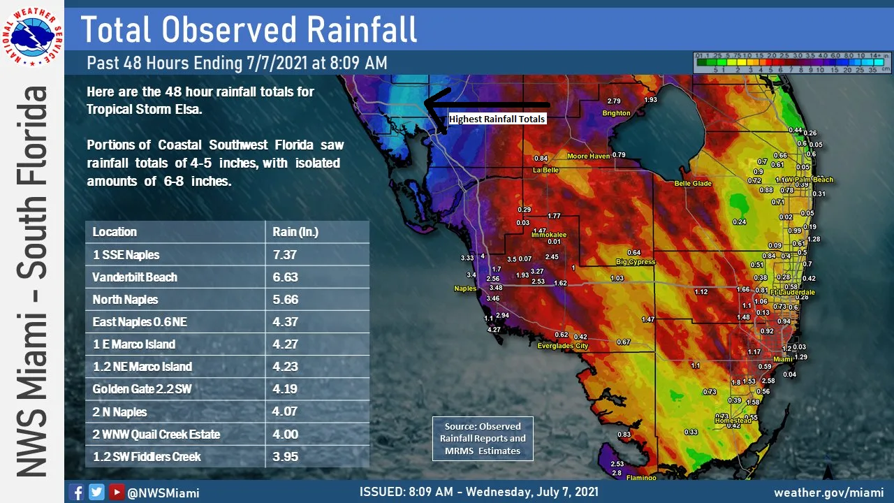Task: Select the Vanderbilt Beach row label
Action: pos(135,277)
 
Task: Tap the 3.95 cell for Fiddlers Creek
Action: pos(286,456)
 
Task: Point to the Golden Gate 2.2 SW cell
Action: pos(142,389)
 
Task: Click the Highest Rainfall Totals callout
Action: pos(497,119)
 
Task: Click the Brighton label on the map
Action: pos(616,112)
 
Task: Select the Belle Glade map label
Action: pos(692,183)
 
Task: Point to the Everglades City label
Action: pos(562,346)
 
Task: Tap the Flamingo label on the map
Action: pos(641,478)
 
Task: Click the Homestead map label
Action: pos(733,421)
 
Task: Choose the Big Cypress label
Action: pos(635,262)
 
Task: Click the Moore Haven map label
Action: pos(588,156)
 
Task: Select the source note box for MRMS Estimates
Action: pos(483,438)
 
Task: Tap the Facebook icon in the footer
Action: pos(77,492)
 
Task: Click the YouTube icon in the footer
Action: pos(116,492)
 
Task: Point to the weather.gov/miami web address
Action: pos(828,492)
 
